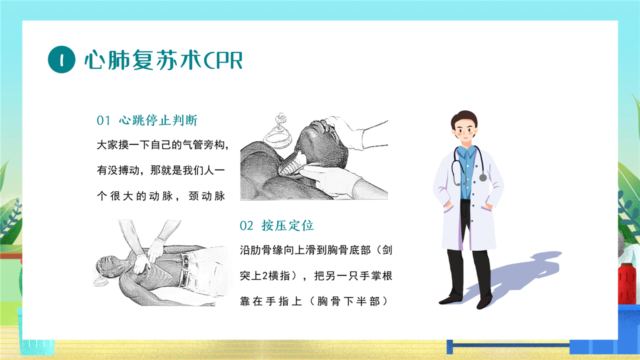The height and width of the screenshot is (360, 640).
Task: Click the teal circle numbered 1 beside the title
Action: click(61, 59)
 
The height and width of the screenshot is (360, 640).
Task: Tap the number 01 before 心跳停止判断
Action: click(103, 120)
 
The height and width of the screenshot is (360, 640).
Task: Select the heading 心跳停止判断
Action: click(158, 120)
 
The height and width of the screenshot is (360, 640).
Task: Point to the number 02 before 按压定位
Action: click(246, 225)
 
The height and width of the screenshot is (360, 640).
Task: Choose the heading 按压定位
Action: click(287, 225)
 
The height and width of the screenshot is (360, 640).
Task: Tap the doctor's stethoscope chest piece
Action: click(483, 177)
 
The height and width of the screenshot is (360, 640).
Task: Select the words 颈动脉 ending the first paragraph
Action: click(207, 196)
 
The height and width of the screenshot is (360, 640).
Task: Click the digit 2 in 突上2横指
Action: click(264, 276)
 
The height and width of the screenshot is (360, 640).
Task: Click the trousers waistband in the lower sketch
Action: click(184, 269)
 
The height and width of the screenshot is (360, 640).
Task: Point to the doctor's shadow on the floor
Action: click(514, 275)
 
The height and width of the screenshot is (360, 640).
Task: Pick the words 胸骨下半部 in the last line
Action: click(348, 301)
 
